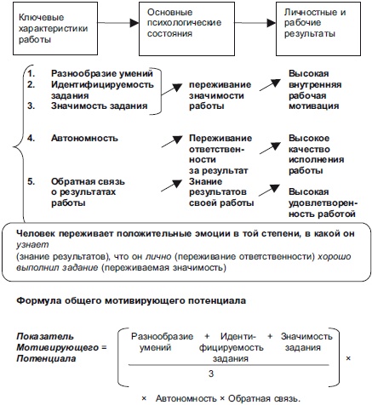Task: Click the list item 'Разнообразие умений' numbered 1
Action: coord(88,74)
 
